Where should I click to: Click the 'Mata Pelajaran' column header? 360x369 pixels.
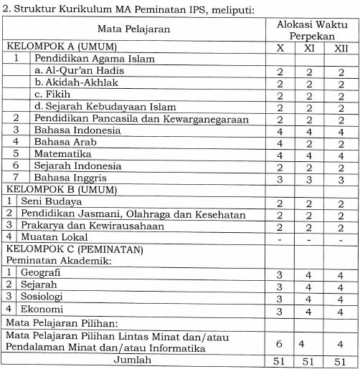[133, 29]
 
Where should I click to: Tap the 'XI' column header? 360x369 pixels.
[309, 47]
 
